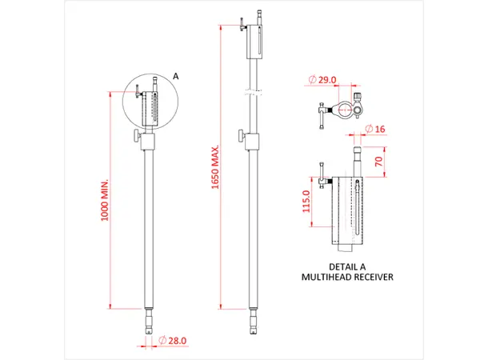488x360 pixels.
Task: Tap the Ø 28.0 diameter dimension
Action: coord(174,341)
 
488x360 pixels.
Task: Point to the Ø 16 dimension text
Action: coord(375,129)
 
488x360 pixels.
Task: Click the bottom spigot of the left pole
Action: coord(149,323)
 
